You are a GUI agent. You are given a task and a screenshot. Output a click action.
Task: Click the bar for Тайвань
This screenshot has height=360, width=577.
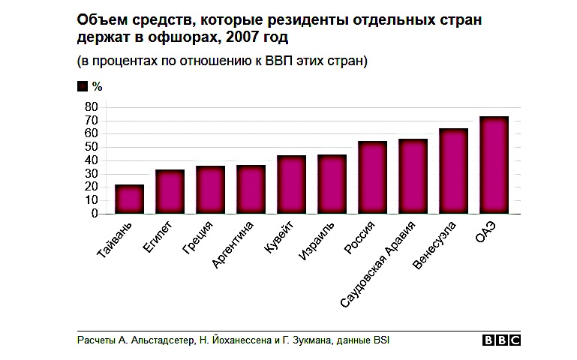pyautogui.click(x=129, y=199)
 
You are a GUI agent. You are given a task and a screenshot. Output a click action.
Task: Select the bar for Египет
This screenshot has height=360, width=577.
pyautogui.click(x=170, y=192)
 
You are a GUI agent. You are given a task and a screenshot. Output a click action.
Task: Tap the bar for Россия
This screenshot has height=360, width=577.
pyautogui.click(x=372, y=178)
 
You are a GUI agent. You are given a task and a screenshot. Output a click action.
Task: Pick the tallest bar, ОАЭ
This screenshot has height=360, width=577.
pyautogui.click(x=494, y=165)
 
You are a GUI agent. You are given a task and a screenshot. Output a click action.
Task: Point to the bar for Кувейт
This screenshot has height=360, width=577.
pyautogui.click(x=291, y=184)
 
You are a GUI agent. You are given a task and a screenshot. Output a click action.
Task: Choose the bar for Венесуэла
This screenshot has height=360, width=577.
pyautogui.click(x=453, y=171)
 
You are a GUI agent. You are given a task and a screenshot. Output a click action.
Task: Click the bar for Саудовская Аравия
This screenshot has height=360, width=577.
pyautogui.click(x=413, y=176)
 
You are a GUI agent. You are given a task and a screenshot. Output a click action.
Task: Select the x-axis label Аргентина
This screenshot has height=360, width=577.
pyautogui.click(x=233, y=243)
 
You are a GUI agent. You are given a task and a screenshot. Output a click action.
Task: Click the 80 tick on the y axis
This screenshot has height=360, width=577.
pyautogui.click(x=92, y=107)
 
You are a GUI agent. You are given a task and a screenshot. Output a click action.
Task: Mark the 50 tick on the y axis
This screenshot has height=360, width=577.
pyautogui.click(x=92, y=147)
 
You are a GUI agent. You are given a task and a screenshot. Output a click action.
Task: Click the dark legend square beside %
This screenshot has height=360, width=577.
pyautogui.click(x=83, y=87)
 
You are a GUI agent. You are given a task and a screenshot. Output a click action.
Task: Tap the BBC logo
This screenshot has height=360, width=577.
pyautogui.click(x=501, y=340)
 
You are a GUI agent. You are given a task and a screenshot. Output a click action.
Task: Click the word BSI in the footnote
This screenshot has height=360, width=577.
pyautogui.click(x=381, y=340)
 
